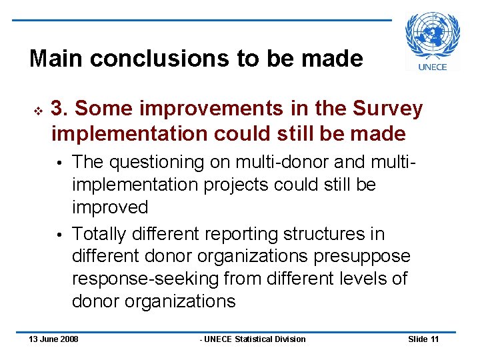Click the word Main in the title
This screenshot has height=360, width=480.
coord(56,59)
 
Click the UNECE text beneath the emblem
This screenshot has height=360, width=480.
coord(433,67)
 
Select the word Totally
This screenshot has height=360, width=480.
coord(100,234)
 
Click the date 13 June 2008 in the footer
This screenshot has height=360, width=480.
coord(53,339)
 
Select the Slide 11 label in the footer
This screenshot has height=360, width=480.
coord(423,339)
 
